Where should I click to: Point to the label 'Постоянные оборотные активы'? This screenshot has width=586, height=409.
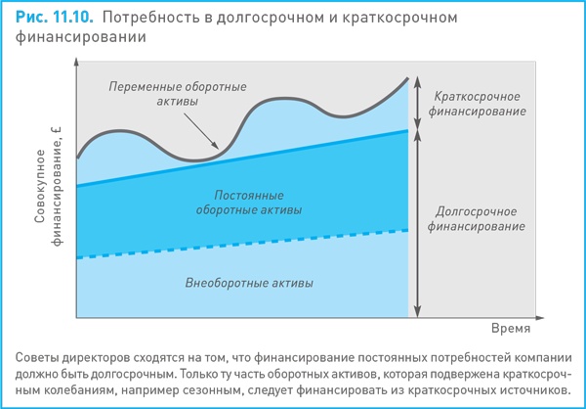tap(248, 202)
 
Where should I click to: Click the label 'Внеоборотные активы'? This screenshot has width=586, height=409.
tap(249, 284)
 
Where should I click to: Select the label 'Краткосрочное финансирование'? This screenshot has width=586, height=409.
tap(476, 105)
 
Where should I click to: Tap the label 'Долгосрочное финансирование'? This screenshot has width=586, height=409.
tap(476, 217)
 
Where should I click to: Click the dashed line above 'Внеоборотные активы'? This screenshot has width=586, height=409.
tap(244, 244)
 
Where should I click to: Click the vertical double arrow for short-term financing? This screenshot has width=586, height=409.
tap(417, 103)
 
